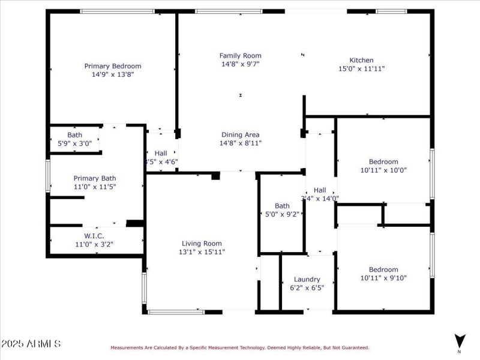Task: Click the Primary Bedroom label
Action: [113, 66]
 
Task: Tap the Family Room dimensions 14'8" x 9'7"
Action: [240, 64]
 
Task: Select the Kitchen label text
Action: [362, 60]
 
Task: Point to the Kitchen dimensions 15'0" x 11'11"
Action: [362, 68]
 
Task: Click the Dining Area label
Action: [240, 134]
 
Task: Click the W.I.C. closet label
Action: [94, 236]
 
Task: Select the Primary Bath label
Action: [95, 178]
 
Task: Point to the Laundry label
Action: [307, 279]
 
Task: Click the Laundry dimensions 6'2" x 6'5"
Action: [307, 287]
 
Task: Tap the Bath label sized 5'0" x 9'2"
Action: [282, 206]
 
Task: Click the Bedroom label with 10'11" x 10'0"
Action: [383, 161]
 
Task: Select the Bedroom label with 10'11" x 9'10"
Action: [383, 269]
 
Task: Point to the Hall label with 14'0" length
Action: [320, 190]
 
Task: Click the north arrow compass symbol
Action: [460, 341]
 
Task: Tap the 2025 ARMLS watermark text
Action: [31, 344]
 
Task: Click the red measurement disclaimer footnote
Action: [239, 347]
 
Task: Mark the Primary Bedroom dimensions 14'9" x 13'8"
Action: [113, 74]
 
